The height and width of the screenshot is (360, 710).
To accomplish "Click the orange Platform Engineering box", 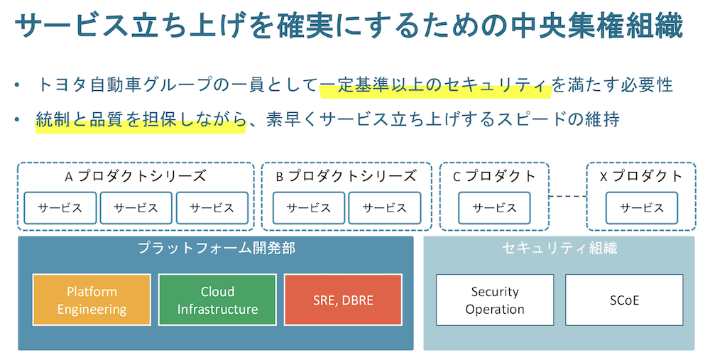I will (x=92, y=300).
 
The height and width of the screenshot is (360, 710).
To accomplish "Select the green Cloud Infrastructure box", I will (x=217, y=300).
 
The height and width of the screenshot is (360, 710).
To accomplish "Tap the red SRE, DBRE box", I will (x=343, y=300).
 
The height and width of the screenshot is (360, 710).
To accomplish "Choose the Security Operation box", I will (x=495, y=300).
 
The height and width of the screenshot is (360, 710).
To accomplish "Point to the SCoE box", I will (x=624, y=300).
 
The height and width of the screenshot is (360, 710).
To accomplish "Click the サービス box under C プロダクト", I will (x=495, y=208).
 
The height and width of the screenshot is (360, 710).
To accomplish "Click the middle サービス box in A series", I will (x=136, y=208).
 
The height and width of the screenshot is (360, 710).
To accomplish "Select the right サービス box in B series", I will (x=384, y=208).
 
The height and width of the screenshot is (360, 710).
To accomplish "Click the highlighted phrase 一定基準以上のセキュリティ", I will (x=435, y=85).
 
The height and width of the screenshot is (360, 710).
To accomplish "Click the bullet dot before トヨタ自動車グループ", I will (x=16, y=86).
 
